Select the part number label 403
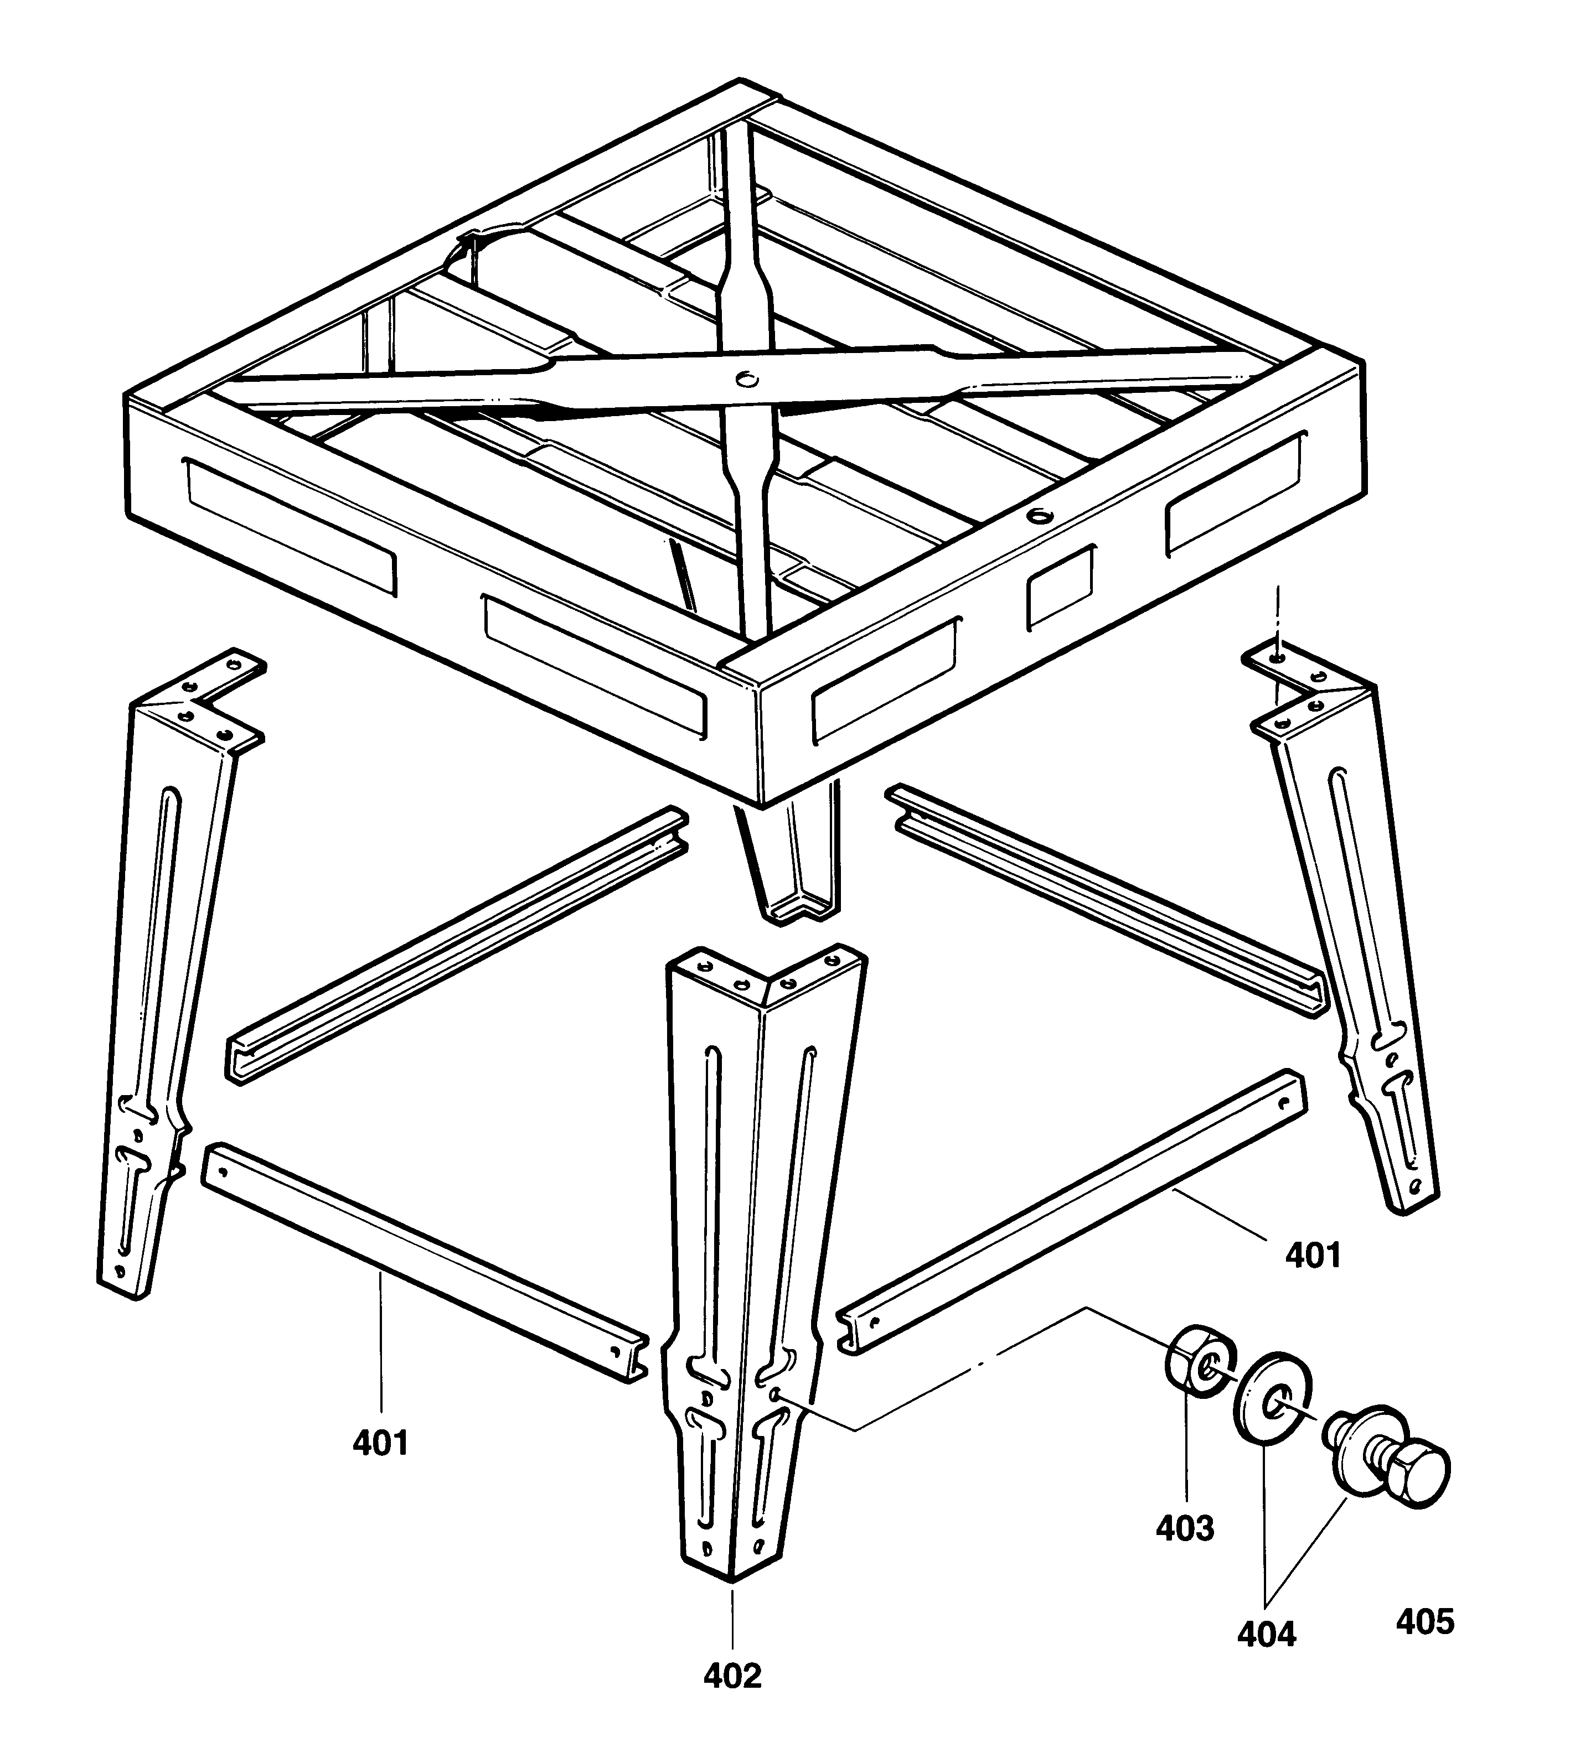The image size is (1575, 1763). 1185,1552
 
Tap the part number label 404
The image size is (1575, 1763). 1266,1634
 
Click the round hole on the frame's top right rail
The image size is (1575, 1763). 1037,516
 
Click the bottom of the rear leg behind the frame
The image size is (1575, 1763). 796,908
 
